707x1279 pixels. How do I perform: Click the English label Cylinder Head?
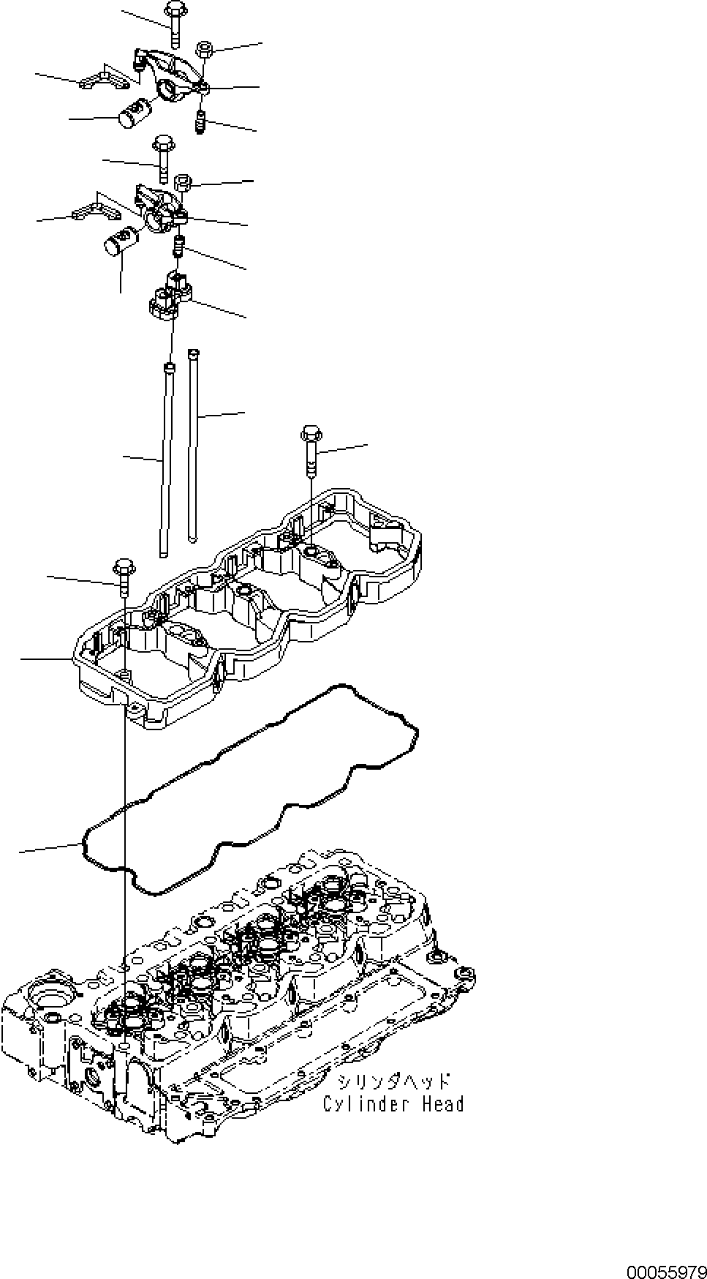click(393, 1103)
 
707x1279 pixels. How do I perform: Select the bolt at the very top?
click(174, 22)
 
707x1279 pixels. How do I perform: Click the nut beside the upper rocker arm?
click(205, 50)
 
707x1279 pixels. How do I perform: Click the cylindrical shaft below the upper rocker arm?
click(133, 114)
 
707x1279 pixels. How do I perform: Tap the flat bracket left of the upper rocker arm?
click(99, 82)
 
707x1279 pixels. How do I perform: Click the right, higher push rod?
click(193, 446)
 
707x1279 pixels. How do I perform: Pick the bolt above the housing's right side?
click(310, 450)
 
